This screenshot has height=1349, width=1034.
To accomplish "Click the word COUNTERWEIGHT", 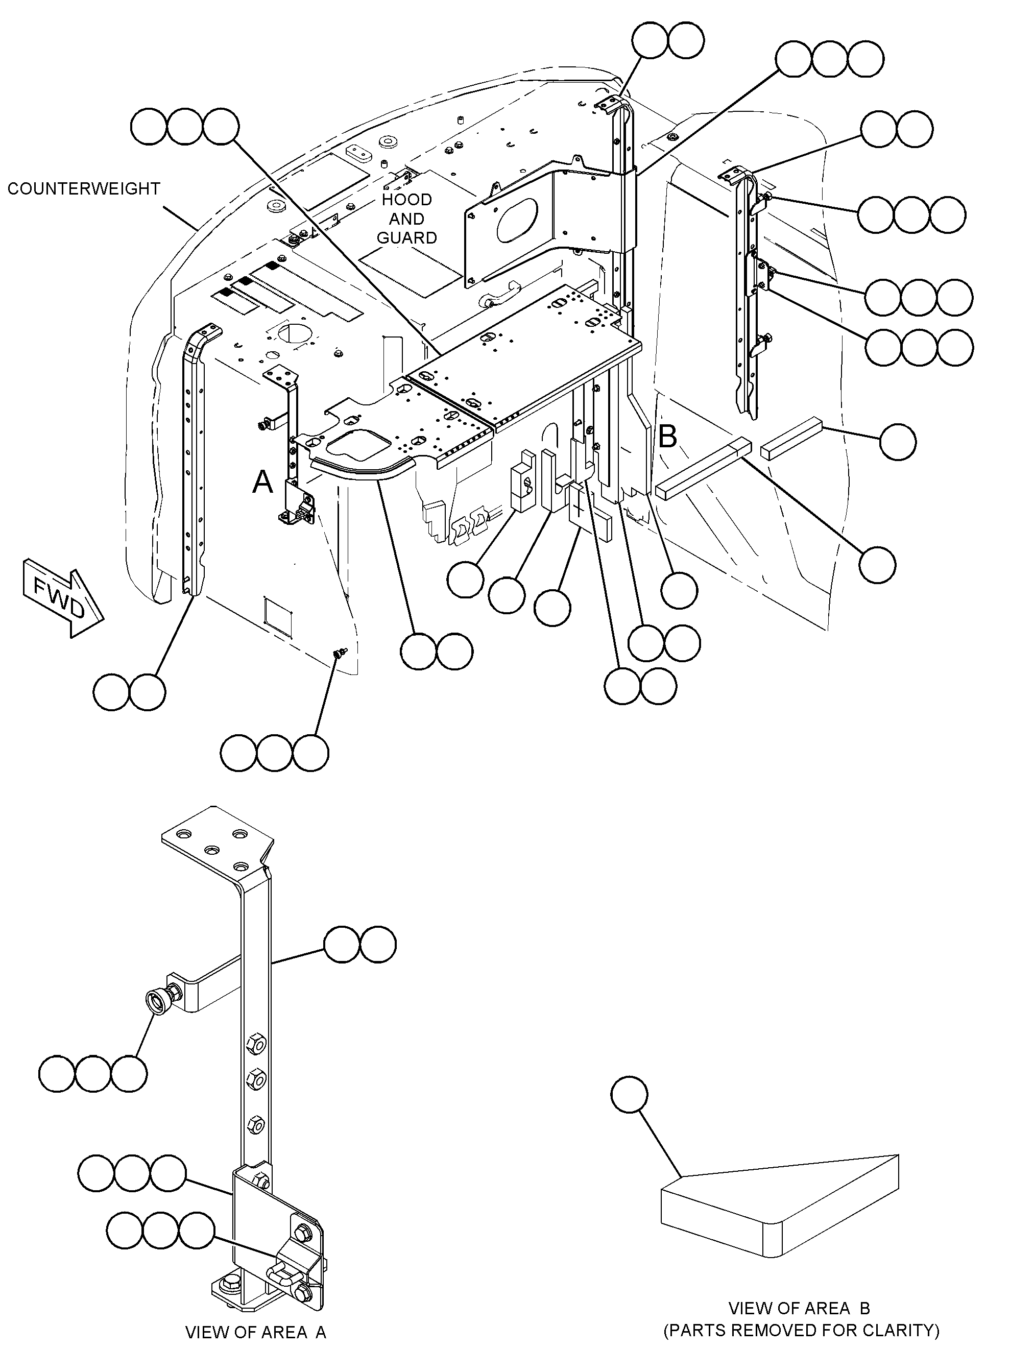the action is coord(84,188).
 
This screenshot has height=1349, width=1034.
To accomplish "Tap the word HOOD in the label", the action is coord(407,200).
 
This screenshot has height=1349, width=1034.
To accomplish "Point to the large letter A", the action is coord(263,481).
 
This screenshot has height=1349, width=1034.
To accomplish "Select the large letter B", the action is coord(667,437).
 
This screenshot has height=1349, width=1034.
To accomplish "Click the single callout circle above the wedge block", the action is coord(630,1095).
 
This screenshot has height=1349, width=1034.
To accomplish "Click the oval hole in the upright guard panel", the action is coord(516,219).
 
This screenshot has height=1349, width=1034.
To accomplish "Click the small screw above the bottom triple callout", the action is coord(339,653).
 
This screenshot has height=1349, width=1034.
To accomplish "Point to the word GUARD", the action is coord(407,237).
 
